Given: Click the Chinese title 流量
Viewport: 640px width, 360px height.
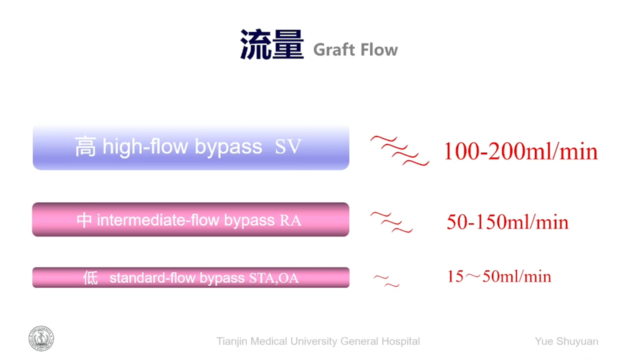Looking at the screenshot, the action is (x=271, y=44).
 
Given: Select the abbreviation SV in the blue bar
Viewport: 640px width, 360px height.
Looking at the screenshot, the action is (x=287, y=146).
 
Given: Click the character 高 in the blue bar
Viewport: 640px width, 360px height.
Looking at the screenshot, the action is (x=85, y=146).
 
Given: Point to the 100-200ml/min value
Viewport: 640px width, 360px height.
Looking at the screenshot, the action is (x=520, y=151).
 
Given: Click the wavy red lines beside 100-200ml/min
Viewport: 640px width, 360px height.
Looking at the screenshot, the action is (x=399, y=150).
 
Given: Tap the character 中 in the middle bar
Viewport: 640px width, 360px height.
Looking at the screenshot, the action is (x=84, y=220).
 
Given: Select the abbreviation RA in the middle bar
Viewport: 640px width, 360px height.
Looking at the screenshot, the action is (x=290, y=220).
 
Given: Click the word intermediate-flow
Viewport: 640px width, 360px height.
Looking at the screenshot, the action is (x=158, y=220).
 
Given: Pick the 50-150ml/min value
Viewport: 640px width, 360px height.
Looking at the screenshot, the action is (x=507, y=222).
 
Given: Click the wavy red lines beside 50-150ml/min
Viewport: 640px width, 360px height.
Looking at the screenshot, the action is (x=391, y=222).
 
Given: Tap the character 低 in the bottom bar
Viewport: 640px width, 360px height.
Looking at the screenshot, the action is (x=90, y=277).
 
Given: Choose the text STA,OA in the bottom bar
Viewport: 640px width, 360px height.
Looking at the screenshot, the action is (x=274, y=278).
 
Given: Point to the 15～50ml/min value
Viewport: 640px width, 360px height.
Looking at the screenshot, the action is (x=499, y=276).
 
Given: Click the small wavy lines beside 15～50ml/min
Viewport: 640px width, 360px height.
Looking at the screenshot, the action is (x=386, y=280).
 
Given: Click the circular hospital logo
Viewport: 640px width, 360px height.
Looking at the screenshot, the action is (x=41, y=338).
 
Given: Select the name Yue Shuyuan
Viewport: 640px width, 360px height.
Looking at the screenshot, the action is (x=566, y=341).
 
